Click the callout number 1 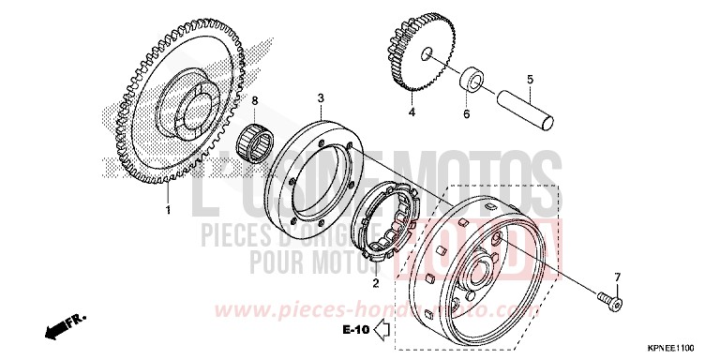169,209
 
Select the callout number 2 375,281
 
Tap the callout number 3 321,97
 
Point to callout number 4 411,112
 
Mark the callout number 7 618,277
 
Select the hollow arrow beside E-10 382,329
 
